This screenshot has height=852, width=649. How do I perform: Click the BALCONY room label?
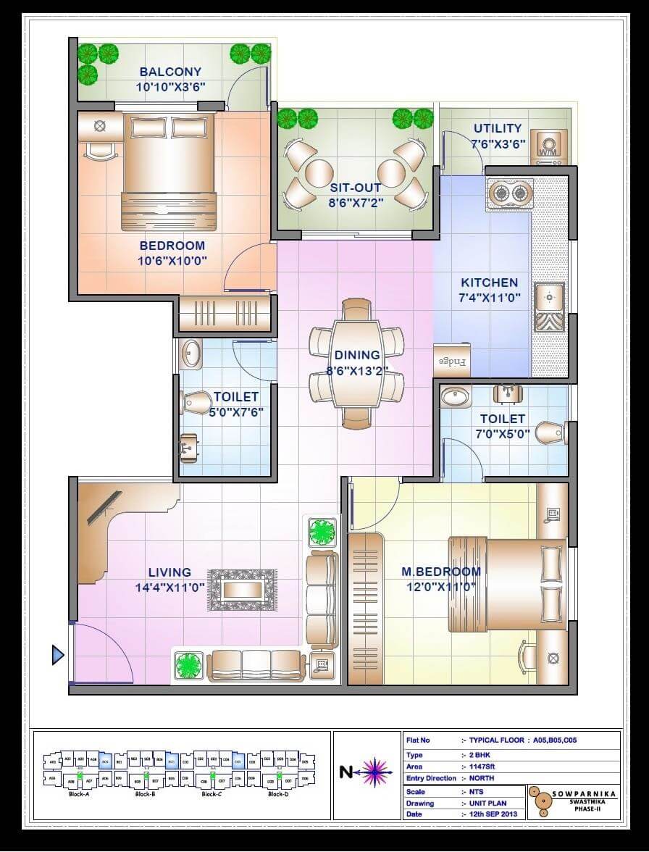click(x=170, y=72)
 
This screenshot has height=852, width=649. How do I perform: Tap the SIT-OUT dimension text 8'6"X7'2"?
click(x=356, y=203)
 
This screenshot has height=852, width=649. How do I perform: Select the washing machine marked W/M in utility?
click(x=548, y=148)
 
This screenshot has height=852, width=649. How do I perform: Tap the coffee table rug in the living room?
click(x=243, y=589)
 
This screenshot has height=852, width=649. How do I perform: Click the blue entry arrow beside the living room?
click(x=58, y=655)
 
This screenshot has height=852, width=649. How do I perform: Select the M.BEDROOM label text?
click(x=441, y=572)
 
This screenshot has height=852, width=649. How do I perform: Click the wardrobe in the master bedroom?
click(x=365, y=609)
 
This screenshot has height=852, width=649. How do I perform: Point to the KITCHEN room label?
click(x=490, y=283)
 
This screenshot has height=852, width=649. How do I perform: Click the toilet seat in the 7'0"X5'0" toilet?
click(x=550, y=433)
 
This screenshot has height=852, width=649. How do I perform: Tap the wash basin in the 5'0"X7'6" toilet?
click(x=192, y=354)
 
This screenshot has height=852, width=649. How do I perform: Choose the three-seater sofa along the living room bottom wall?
click(x=255, y=665)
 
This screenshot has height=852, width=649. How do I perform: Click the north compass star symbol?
click(x=374, y=772)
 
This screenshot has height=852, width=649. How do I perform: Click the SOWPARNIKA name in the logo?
click(x=584, y=794)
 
